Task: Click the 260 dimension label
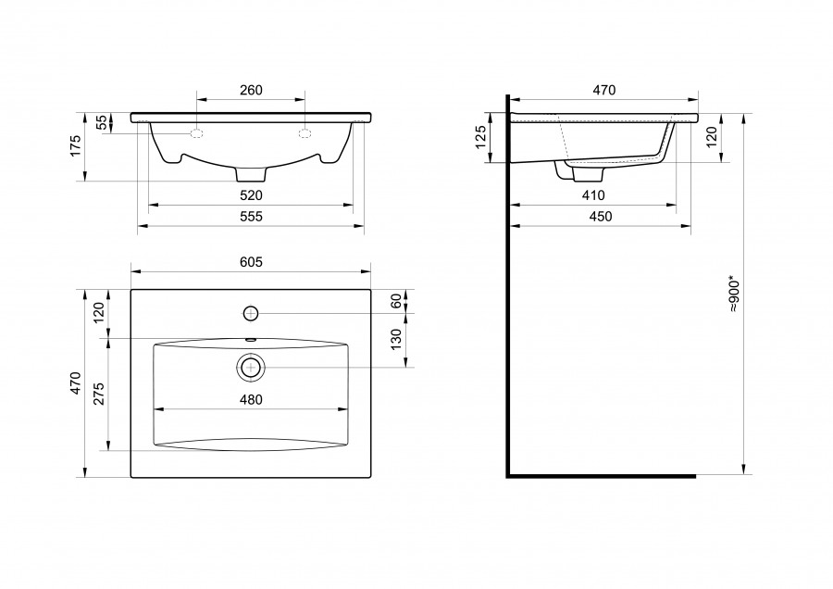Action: click(251, 91)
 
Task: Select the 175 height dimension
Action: click(76, 145)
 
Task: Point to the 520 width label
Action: click(251, 195)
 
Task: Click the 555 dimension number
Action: click(251, 217)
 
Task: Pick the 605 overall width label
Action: click(251, 263)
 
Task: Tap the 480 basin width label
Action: click(251, 400)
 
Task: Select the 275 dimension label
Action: click(99, 394)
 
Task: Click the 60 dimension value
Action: click(396, 301)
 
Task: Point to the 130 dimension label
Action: click(396, 340)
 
